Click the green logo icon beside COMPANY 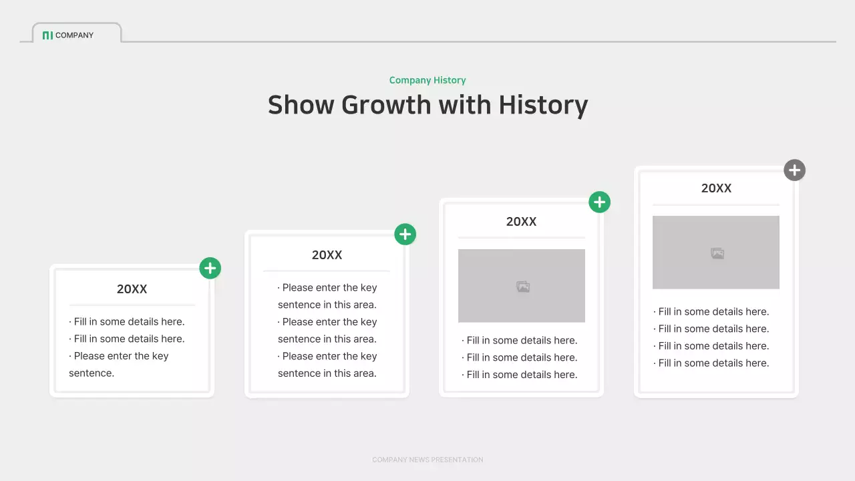[47, 35]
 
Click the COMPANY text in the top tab [74, 35]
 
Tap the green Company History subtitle [427, 80]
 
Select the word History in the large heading [543, 106]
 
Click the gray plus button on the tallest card [794, 170]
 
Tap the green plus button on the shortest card [210, 269]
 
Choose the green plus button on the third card [599, 202]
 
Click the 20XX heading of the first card [132, 289]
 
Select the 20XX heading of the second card [327, 255]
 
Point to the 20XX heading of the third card [521, 222]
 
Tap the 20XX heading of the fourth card [716, 188]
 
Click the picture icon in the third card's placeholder [523, 287]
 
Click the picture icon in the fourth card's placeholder [717, 253]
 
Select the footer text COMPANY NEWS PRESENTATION [427, 460]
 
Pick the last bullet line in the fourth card [712, 363]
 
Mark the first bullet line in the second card [327, 288]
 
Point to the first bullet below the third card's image [520, 341]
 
